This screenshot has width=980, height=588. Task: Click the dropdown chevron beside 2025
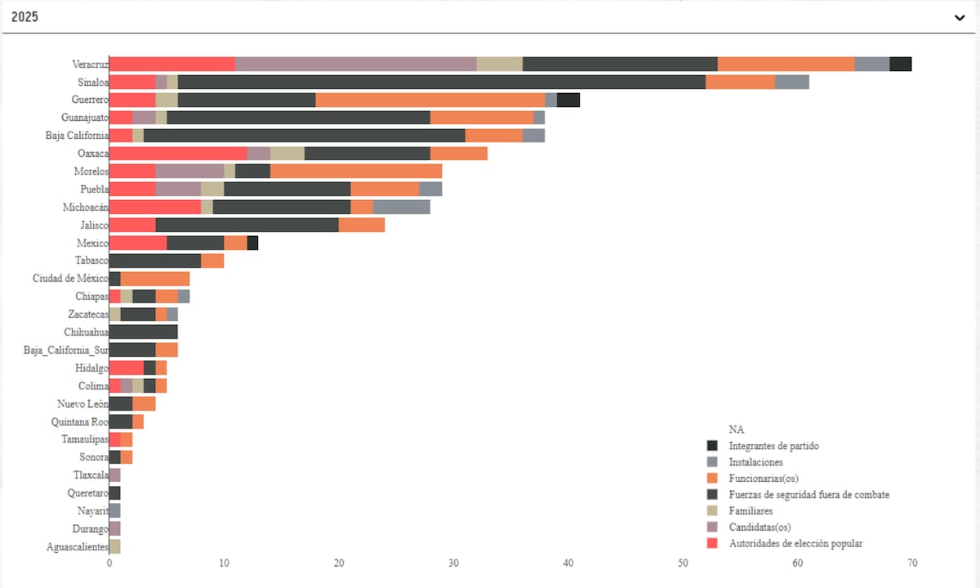pyautogui.click(x=960, y=17)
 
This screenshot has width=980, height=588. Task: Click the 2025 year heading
pyautogui.click(x=25, y=17)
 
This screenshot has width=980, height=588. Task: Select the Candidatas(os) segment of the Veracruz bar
pyautogui.click(x=355, y=65)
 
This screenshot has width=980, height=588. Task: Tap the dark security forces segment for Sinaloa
pyautogui.click(x=442, y=82)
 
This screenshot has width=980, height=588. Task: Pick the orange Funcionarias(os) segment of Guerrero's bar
pyautogui.click(x=430, y=100)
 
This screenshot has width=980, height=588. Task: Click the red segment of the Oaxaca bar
pyautogui.click(x=178, y=154)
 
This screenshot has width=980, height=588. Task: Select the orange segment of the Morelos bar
pyautogui.click(x=356, y=171)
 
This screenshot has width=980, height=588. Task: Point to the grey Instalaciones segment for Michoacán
pyautogui.click(x=402, y=207)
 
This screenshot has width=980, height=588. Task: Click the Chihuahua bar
pyautogui.click(x=144, y=332)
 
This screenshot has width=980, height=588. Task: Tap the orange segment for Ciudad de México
pyautogui.click(x=155, y=278)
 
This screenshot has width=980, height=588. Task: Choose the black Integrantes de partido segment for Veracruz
pyautogui.click(x=901, y=65)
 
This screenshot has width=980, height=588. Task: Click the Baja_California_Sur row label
pyautogui.click(x=65, y=350)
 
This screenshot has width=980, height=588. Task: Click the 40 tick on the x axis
pyautogui.click(x=568, y=563)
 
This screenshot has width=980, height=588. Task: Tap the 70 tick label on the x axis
pyautogui.click(x=912, y=563)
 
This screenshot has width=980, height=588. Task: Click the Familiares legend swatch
pyautogui.click(x=712, y=511)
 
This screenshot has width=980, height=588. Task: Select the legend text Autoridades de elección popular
pyautogui.click(x=795, y=543)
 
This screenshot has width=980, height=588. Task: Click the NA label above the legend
pyautogui.click(x=736, y=430)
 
